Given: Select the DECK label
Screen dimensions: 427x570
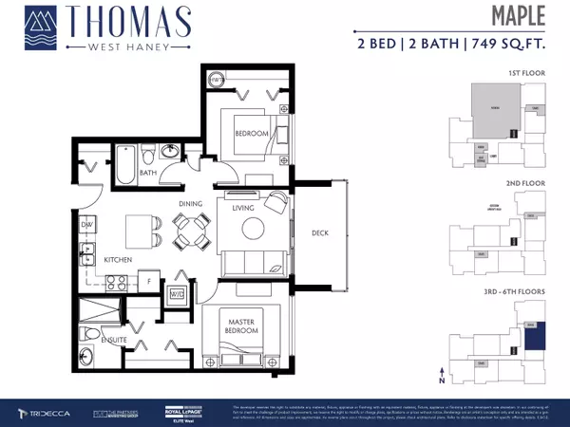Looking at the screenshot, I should point(318,231).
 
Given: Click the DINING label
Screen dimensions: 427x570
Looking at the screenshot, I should point(192,202).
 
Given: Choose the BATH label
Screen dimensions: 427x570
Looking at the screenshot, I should point(148,173).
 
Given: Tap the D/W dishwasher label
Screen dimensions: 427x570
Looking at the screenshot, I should point(85,224).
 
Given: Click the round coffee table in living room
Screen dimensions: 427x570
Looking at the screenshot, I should point(253,228).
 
